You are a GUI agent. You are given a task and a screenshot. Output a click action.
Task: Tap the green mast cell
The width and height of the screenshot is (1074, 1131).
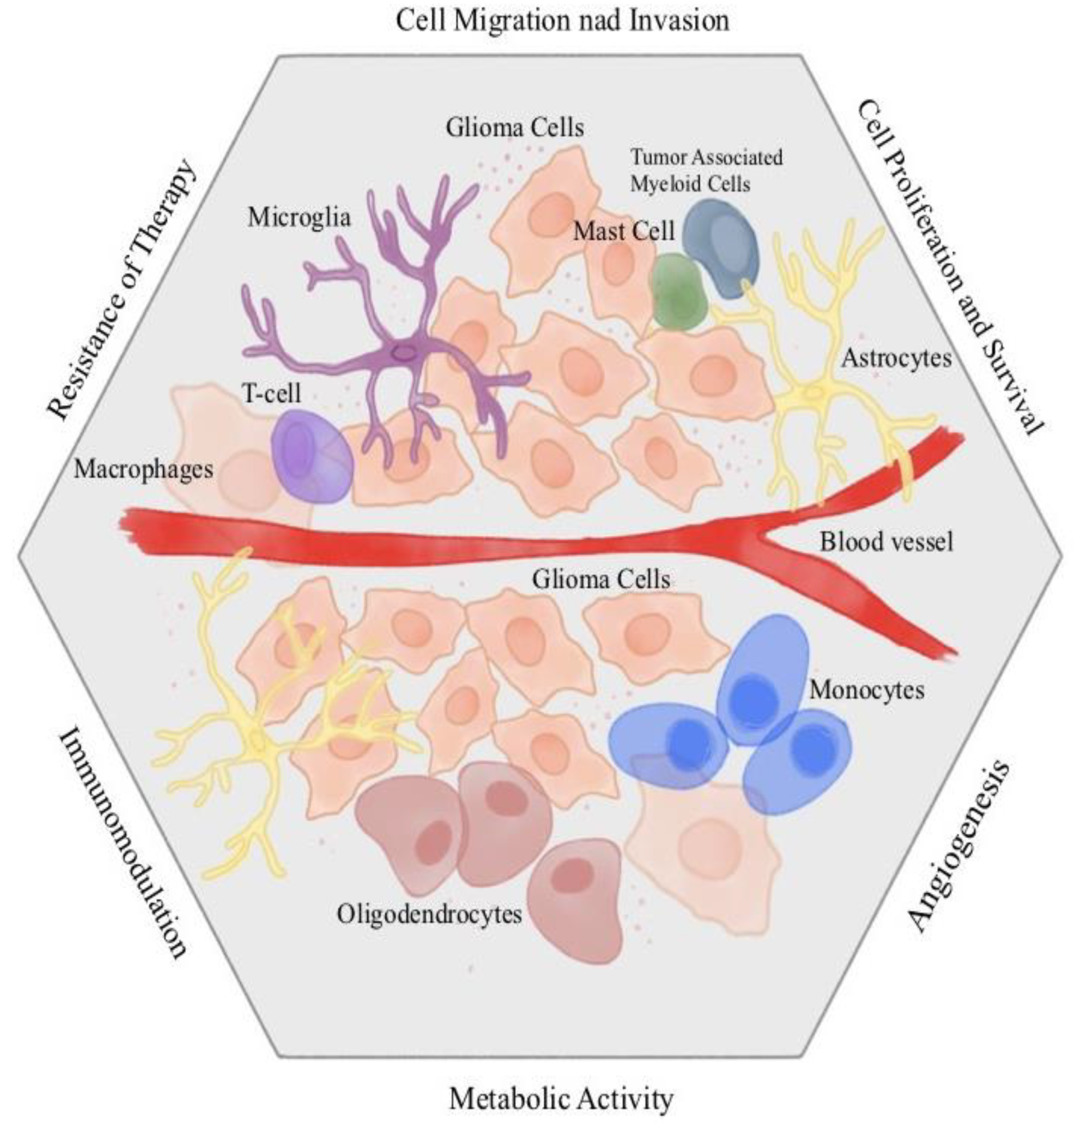(x=680, y=292)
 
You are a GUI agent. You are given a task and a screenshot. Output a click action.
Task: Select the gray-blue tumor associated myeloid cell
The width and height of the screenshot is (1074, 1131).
(x=721, y=246)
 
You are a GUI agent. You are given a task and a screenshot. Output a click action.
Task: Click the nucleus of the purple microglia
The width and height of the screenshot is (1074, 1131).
(x=404, y=354)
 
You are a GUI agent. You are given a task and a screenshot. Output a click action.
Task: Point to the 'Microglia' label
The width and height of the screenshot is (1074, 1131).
(x=299, y=218)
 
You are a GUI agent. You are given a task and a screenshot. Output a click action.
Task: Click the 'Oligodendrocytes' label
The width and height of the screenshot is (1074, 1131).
(x=429, y=914)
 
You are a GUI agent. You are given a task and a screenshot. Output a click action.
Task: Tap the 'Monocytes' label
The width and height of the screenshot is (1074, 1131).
(x=866, y=690)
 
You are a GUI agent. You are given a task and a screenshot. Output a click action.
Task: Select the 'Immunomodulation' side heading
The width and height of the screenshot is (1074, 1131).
(x=123, y=843)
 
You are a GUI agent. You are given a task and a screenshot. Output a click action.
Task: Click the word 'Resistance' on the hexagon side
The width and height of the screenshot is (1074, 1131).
(x=86, y=361)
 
